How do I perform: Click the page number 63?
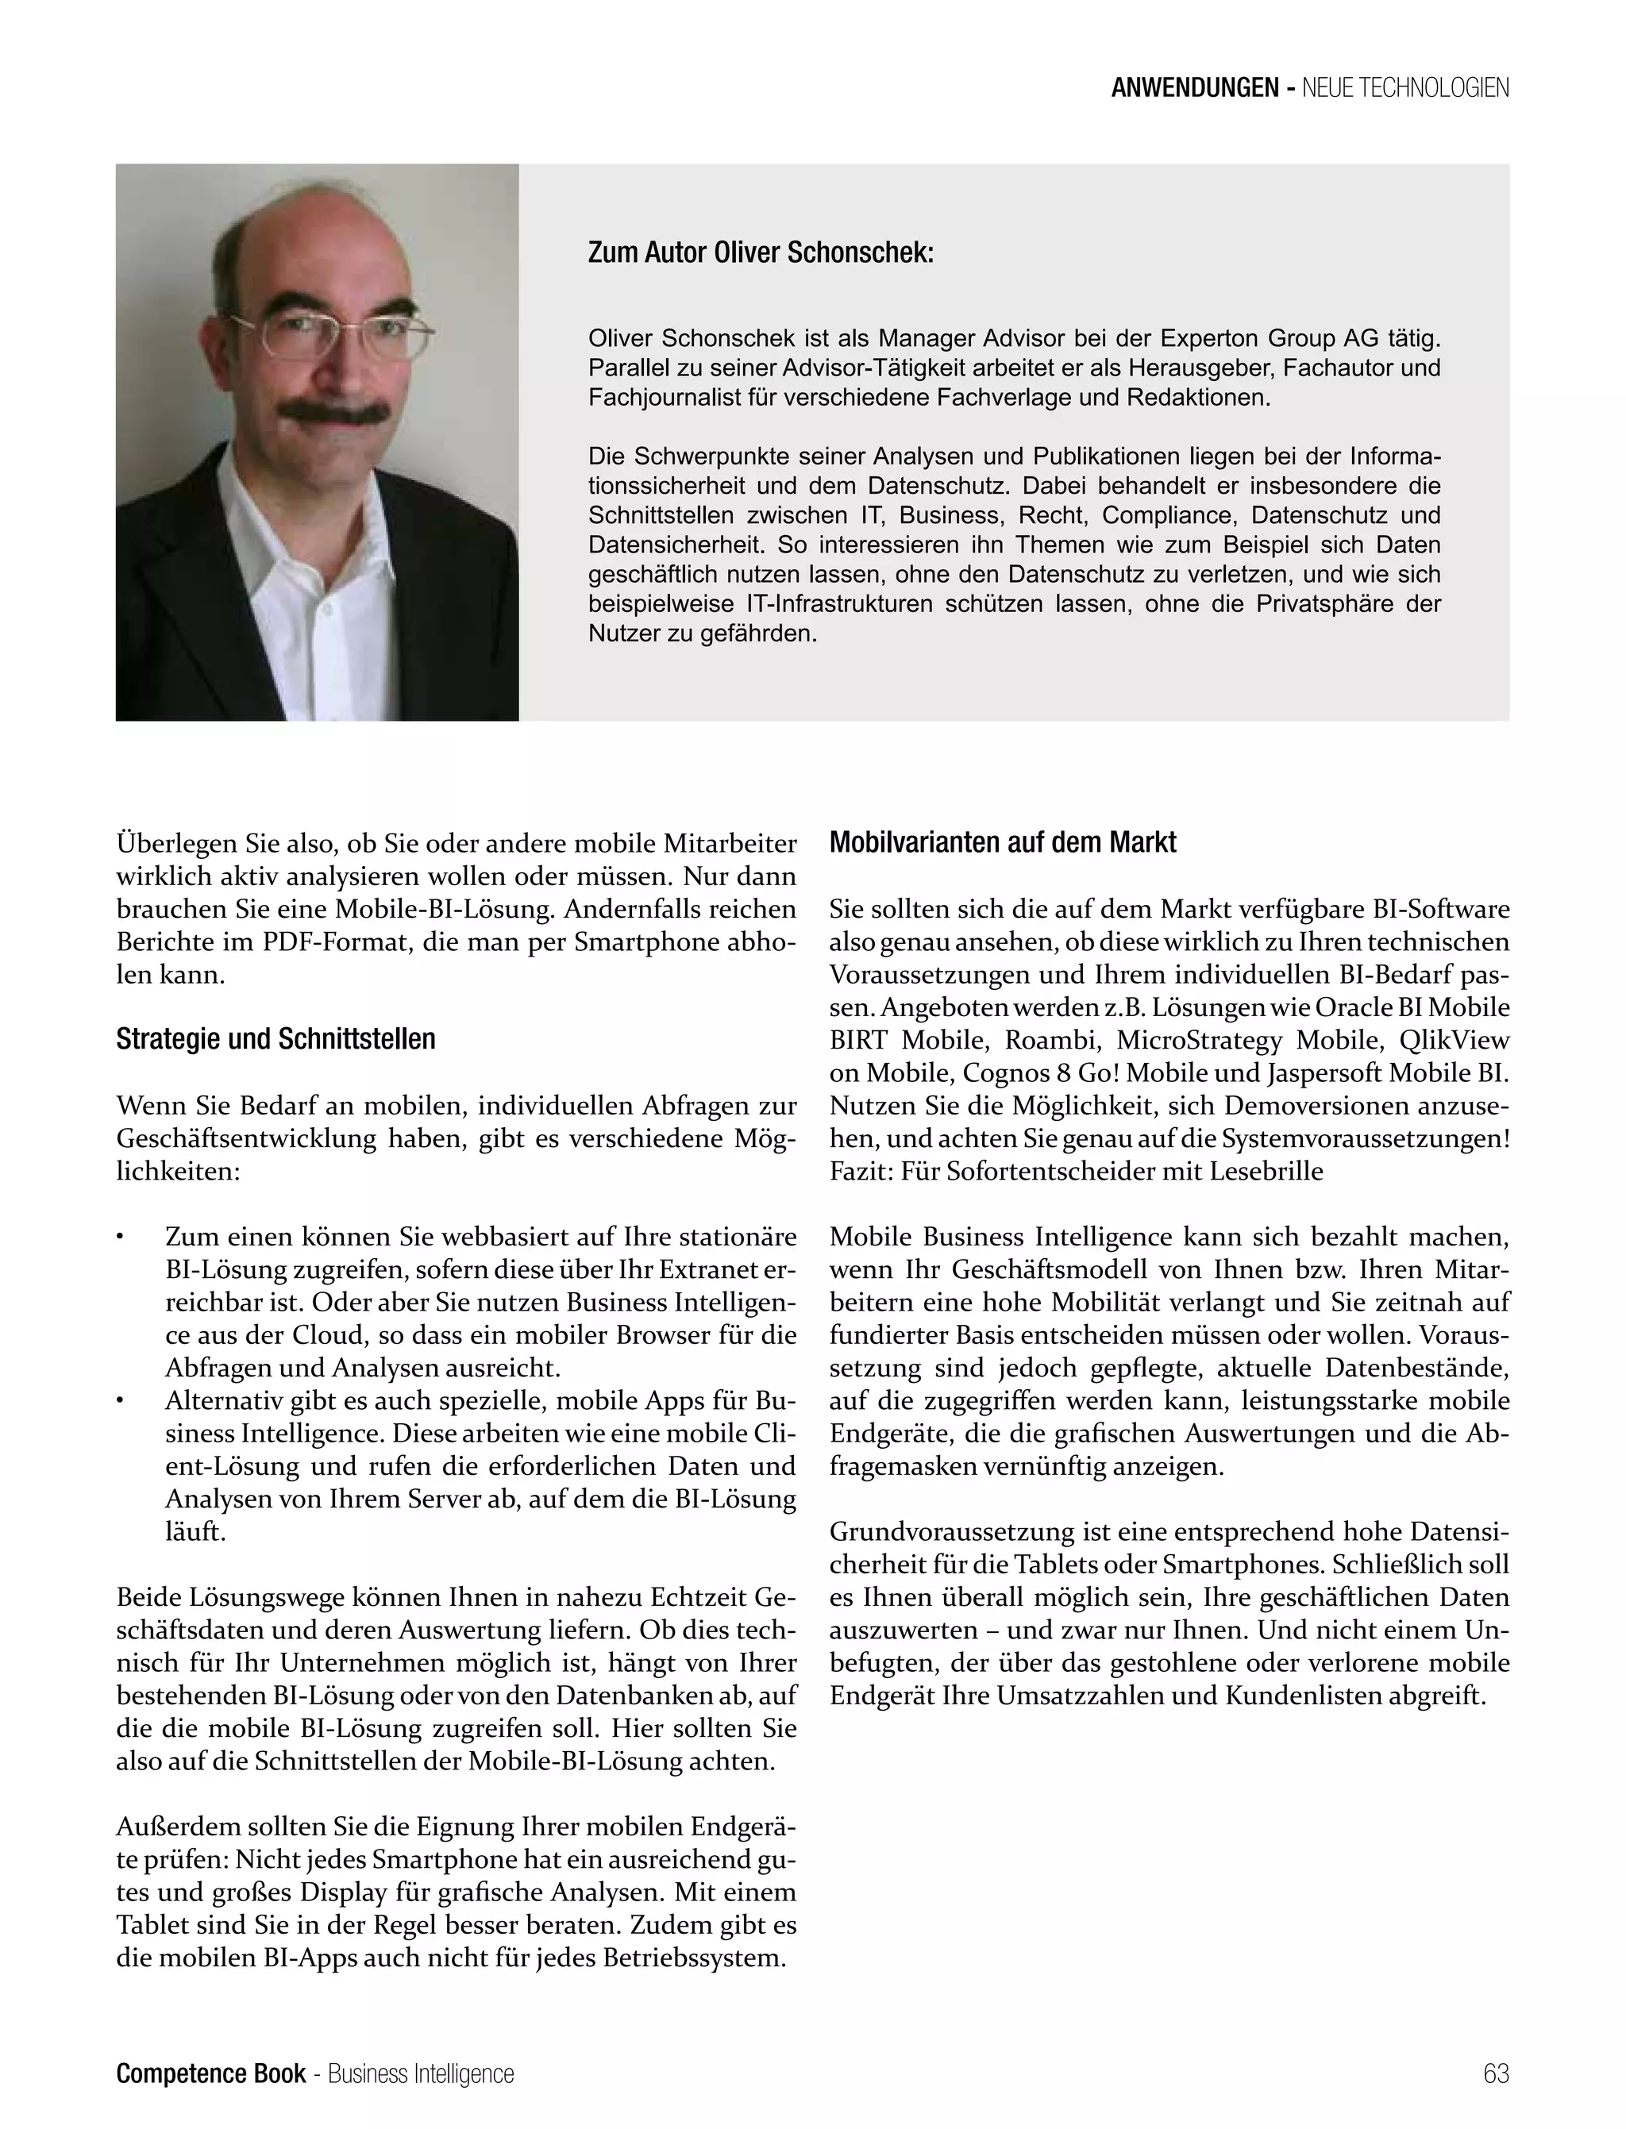tap(1495, 2073)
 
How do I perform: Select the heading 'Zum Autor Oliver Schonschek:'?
tap(761, 253)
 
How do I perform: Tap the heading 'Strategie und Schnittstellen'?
tap(275, 1039)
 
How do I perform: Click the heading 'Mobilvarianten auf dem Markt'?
tap(1003, 843)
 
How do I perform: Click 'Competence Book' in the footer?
tap(211, 2073)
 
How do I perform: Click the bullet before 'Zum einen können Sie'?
tap(120, 1238)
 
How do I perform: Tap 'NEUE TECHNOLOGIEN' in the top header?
tap(1405, 88)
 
